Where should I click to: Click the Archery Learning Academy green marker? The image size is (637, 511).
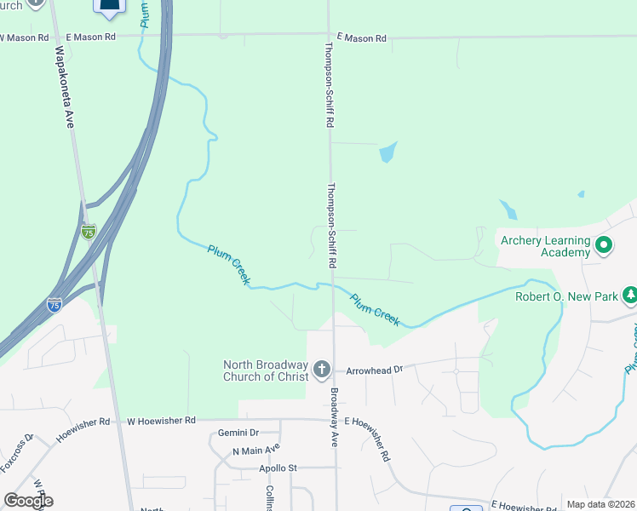tap(604, 246)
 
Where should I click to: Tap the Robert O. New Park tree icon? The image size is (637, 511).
tap(629, 296)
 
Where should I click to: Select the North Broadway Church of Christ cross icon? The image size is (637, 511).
tap(321, 370)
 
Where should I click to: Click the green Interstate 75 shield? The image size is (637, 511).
tap(89, 232)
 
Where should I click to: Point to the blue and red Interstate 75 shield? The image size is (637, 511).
tap(55, 304)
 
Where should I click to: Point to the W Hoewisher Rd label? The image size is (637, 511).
tap(162, 421)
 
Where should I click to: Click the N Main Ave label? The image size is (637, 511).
tap(255, 451)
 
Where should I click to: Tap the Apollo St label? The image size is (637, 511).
tap(278, 468)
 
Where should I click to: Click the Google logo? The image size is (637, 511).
tap(28, 501)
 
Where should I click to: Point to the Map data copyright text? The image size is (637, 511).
tap(600, 504)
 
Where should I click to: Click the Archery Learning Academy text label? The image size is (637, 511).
tap(545, 246)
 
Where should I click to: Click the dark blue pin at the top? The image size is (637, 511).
tap(109, 8)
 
